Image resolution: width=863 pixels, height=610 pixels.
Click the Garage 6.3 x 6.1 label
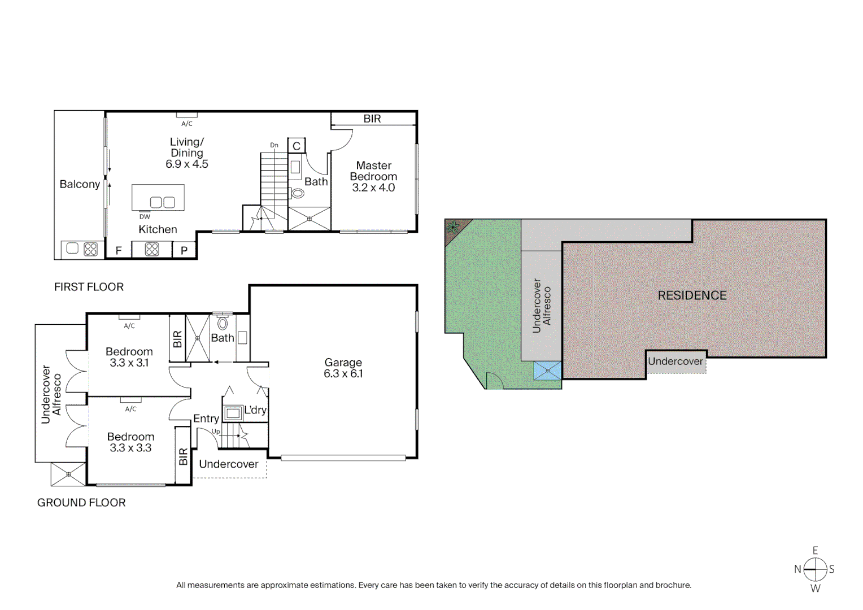[x=343, y=368]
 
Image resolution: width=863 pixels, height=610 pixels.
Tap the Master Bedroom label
[x=373, y=176]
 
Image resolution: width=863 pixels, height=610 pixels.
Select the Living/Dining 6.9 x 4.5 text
[x=187, y=153]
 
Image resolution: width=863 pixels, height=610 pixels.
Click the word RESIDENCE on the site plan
[x=692, y=295]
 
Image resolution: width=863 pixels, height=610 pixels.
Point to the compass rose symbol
[x=815, y=569]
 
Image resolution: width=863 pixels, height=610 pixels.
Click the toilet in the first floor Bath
[x=297, y=193]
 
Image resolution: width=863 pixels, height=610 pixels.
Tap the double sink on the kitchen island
[x=163, y=202]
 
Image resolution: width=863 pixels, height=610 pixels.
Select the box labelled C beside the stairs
[x=297, y=146]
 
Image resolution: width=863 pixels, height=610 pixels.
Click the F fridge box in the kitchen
[x=119, y=250]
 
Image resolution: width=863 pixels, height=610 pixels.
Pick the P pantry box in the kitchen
[x=184, y=250]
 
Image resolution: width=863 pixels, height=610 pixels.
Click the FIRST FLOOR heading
[x=89, y=287]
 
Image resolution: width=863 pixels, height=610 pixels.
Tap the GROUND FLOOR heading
[x=81, y=503]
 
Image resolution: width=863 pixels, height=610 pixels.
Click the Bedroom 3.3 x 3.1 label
[x=129, y=357]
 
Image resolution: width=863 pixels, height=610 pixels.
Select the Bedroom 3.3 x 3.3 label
[x=130, y=442]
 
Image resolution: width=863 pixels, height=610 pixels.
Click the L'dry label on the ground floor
[x=255, y=410]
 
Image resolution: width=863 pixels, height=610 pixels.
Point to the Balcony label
[x=80, y=184]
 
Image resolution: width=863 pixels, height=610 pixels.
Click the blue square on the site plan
[x=547, y=371]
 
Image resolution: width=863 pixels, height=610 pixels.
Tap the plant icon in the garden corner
[x=452, y=228]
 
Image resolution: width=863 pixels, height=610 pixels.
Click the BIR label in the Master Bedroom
[x=372, y=119]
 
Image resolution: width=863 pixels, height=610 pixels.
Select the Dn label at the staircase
[x=274, y=145]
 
